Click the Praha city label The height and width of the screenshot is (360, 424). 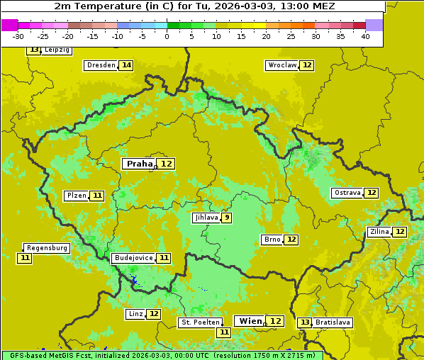(x=139, y=164)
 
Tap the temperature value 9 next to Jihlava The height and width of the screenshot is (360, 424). (x=226, y=218)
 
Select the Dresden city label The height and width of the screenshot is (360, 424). (x=101, y=65)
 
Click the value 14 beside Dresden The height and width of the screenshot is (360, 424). (x=126, y=65)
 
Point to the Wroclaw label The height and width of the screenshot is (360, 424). (x=281, y=65)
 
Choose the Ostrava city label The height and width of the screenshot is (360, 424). (x=347, y=193)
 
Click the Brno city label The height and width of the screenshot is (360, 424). (x=272, y=240)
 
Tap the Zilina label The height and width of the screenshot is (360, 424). (x=379, y=232)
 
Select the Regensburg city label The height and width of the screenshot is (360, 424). (x=47, y=248)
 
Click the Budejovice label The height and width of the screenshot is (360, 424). (x=133, y=258)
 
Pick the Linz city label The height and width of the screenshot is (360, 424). (x=135, y=314)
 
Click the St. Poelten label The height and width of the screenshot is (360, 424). (x=200, y=322)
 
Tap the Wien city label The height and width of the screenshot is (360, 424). (x=250, y=321)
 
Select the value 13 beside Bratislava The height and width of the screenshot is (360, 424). (x=305, y=322)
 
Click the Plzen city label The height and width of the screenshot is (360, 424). (x=77, y=196)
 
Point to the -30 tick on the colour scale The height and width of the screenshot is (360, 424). (x=18, y=36)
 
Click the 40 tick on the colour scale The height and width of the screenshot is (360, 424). (x=365, y=36)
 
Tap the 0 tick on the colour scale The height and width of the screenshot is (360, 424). (x=167, y=36)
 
